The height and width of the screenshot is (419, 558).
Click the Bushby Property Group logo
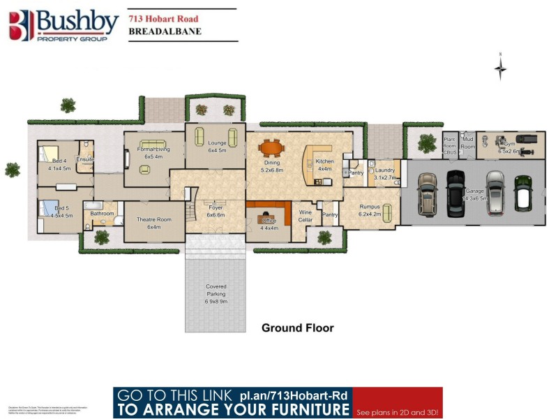coord(63,26)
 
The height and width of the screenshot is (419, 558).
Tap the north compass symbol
coord(500,68)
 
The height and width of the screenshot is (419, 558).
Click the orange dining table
coord(271,148)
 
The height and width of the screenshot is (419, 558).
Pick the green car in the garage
coord(521,192)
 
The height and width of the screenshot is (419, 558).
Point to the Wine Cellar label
coord(306,215)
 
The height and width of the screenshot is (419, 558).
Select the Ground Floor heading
coord(297,328)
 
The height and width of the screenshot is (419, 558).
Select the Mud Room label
coord(467,142)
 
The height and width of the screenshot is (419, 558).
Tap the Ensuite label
coord(85,160)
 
